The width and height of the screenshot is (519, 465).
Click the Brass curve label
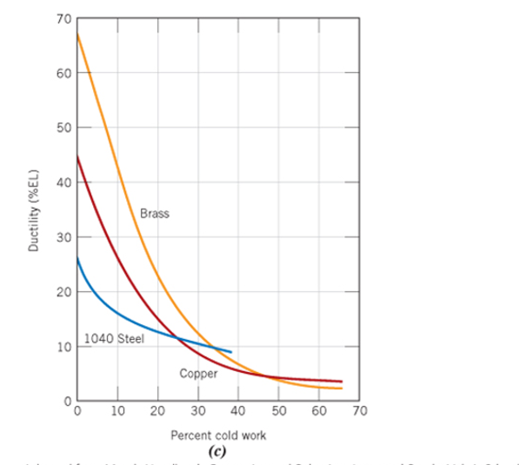tap(154, 213)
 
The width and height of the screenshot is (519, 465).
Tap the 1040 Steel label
tap(115, 338)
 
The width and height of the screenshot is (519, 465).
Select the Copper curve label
tap(198, 374)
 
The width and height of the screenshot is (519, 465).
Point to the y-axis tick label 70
tap(63, 18)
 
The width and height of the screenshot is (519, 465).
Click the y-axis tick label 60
tap(63, 73)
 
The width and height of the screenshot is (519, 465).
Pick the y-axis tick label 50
tap(63, 128)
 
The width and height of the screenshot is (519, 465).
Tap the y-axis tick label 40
tap(63, 183)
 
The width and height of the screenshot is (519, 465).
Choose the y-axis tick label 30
tap(63, 237)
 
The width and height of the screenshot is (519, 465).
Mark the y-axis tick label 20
tap(63, 292)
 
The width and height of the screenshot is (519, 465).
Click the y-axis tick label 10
tap(63, 347)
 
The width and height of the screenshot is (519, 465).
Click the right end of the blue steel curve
tap(231, 352)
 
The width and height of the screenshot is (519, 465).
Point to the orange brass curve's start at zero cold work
tap(77, 34)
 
